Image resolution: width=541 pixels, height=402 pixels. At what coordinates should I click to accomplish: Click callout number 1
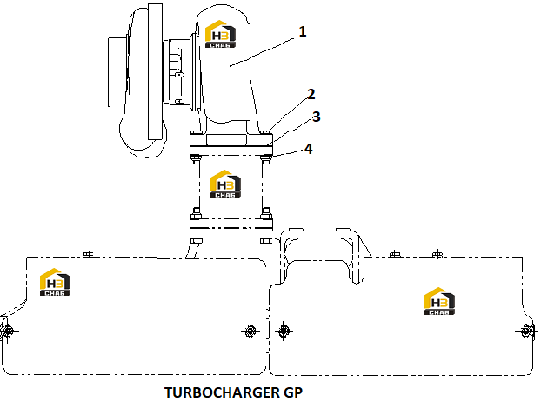302,31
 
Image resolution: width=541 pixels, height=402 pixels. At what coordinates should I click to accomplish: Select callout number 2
311,94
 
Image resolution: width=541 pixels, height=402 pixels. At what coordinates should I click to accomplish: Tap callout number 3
316,117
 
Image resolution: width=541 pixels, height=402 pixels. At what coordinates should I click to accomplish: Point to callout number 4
309,149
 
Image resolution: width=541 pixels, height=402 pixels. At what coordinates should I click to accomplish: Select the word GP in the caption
293,392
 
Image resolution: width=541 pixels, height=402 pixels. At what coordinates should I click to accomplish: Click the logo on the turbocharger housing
220,34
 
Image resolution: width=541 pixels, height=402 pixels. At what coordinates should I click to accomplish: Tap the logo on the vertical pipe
225,184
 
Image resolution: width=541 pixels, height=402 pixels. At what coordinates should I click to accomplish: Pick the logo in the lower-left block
55,282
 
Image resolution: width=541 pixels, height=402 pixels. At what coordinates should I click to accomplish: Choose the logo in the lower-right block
439,301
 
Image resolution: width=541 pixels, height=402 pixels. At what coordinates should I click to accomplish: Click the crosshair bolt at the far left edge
7,332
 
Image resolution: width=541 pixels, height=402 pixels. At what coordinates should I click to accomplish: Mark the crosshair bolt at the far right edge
527,332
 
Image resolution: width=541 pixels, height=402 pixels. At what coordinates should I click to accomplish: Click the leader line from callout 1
262,52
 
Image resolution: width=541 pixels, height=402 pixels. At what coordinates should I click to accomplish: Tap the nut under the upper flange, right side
265,159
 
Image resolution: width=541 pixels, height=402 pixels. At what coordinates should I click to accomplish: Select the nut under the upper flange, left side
196,159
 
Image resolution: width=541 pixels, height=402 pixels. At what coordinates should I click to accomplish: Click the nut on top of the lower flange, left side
196,214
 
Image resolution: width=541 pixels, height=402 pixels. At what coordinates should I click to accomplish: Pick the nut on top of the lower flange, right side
266,214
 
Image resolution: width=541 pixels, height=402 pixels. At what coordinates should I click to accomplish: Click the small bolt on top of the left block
89,255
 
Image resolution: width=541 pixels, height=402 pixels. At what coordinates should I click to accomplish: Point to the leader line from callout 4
287,153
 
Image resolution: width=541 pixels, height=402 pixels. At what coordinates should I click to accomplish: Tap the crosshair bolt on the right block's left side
284,332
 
